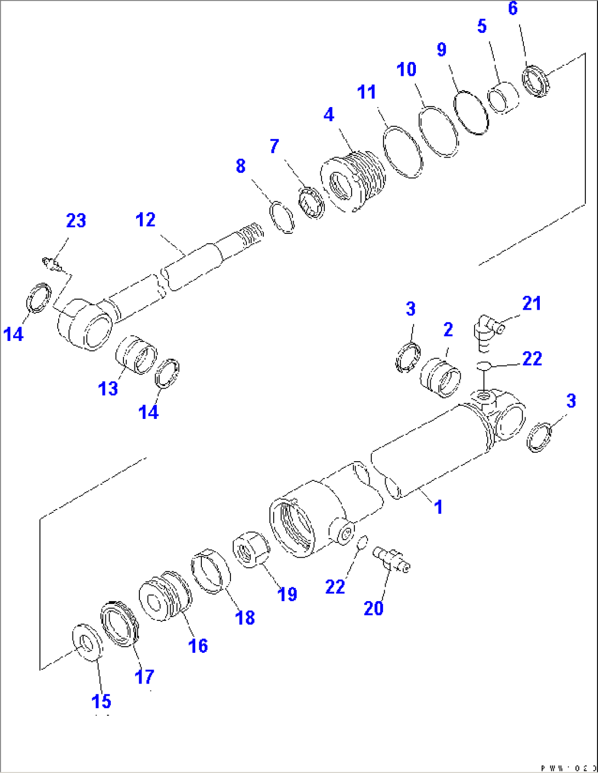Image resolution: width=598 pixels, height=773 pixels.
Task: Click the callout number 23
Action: [76, 221]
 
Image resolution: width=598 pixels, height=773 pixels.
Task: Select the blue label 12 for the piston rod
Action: [145, 220]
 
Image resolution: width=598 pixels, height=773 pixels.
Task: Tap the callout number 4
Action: [328, 115]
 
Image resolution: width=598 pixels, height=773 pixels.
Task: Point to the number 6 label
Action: [512, 9]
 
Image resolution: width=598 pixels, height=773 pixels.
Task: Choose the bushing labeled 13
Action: [136, 355]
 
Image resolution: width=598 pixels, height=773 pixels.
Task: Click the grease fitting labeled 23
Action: [52, 264]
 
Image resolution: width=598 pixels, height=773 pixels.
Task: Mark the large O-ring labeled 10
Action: [438, 132]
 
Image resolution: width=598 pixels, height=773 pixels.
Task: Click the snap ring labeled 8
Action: [283, 217]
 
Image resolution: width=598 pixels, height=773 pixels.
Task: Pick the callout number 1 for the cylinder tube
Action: [438, 507]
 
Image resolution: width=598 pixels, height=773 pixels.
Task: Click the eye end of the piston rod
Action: [85, 324]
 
